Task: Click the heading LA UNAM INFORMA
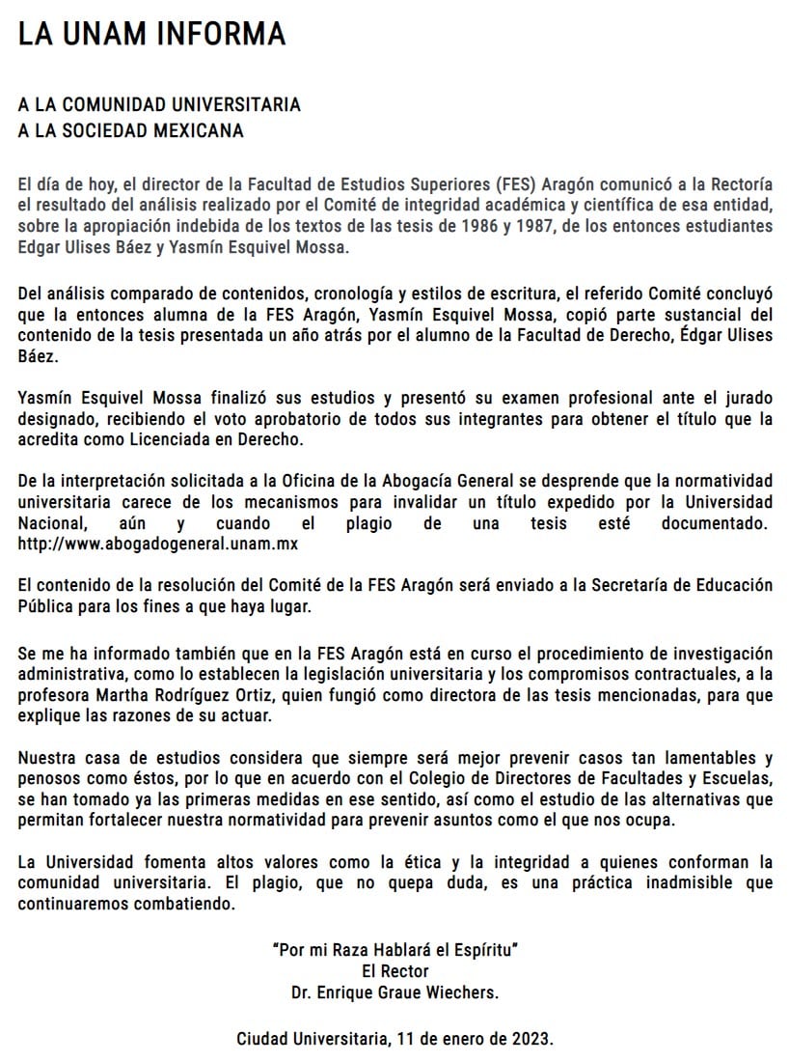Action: click(x=152, y=34)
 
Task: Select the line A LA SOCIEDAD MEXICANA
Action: click(x=131, y=130)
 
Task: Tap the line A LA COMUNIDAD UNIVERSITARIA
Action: click(x=160, y=105)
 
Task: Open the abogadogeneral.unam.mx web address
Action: click(x=157, y=545)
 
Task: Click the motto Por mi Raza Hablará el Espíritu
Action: click(x=394, y=949)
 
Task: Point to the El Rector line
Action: click(x=394, y=970)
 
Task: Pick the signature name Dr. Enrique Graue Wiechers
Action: click(x=394, y=992)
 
